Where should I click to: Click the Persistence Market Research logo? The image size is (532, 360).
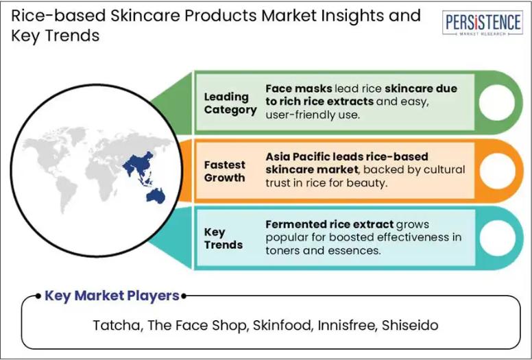(483, 23)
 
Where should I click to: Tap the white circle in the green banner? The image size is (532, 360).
(497, 102)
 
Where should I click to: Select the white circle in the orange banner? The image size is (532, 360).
(498, 171)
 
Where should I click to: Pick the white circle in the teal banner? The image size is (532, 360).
(498, 238)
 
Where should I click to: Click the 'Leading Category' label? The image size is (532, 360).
(230, 103)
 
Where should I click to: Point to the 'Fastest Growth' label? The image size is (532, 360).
(225, 171)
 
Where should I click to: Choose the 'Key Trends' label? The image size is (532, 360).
(223, 238)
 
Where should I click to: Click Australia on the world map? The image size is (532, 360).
(156, 196)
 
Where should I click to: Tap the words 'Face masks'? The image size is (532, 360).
(299, 88)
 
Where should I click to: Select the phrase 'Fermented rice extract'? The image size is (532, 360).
(330, 224)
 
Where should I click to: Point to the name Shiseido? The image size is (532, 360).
(410, 325)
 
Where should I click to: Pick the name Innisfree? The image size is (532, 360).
(348, 325)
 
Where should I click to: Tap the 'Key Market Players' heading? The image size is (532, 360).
(112, 296)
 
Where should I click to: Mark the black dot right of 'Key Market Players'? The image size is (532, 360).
(184, 296)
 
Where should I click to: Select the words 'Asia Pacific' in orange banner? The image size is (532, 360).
(293, 157)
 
